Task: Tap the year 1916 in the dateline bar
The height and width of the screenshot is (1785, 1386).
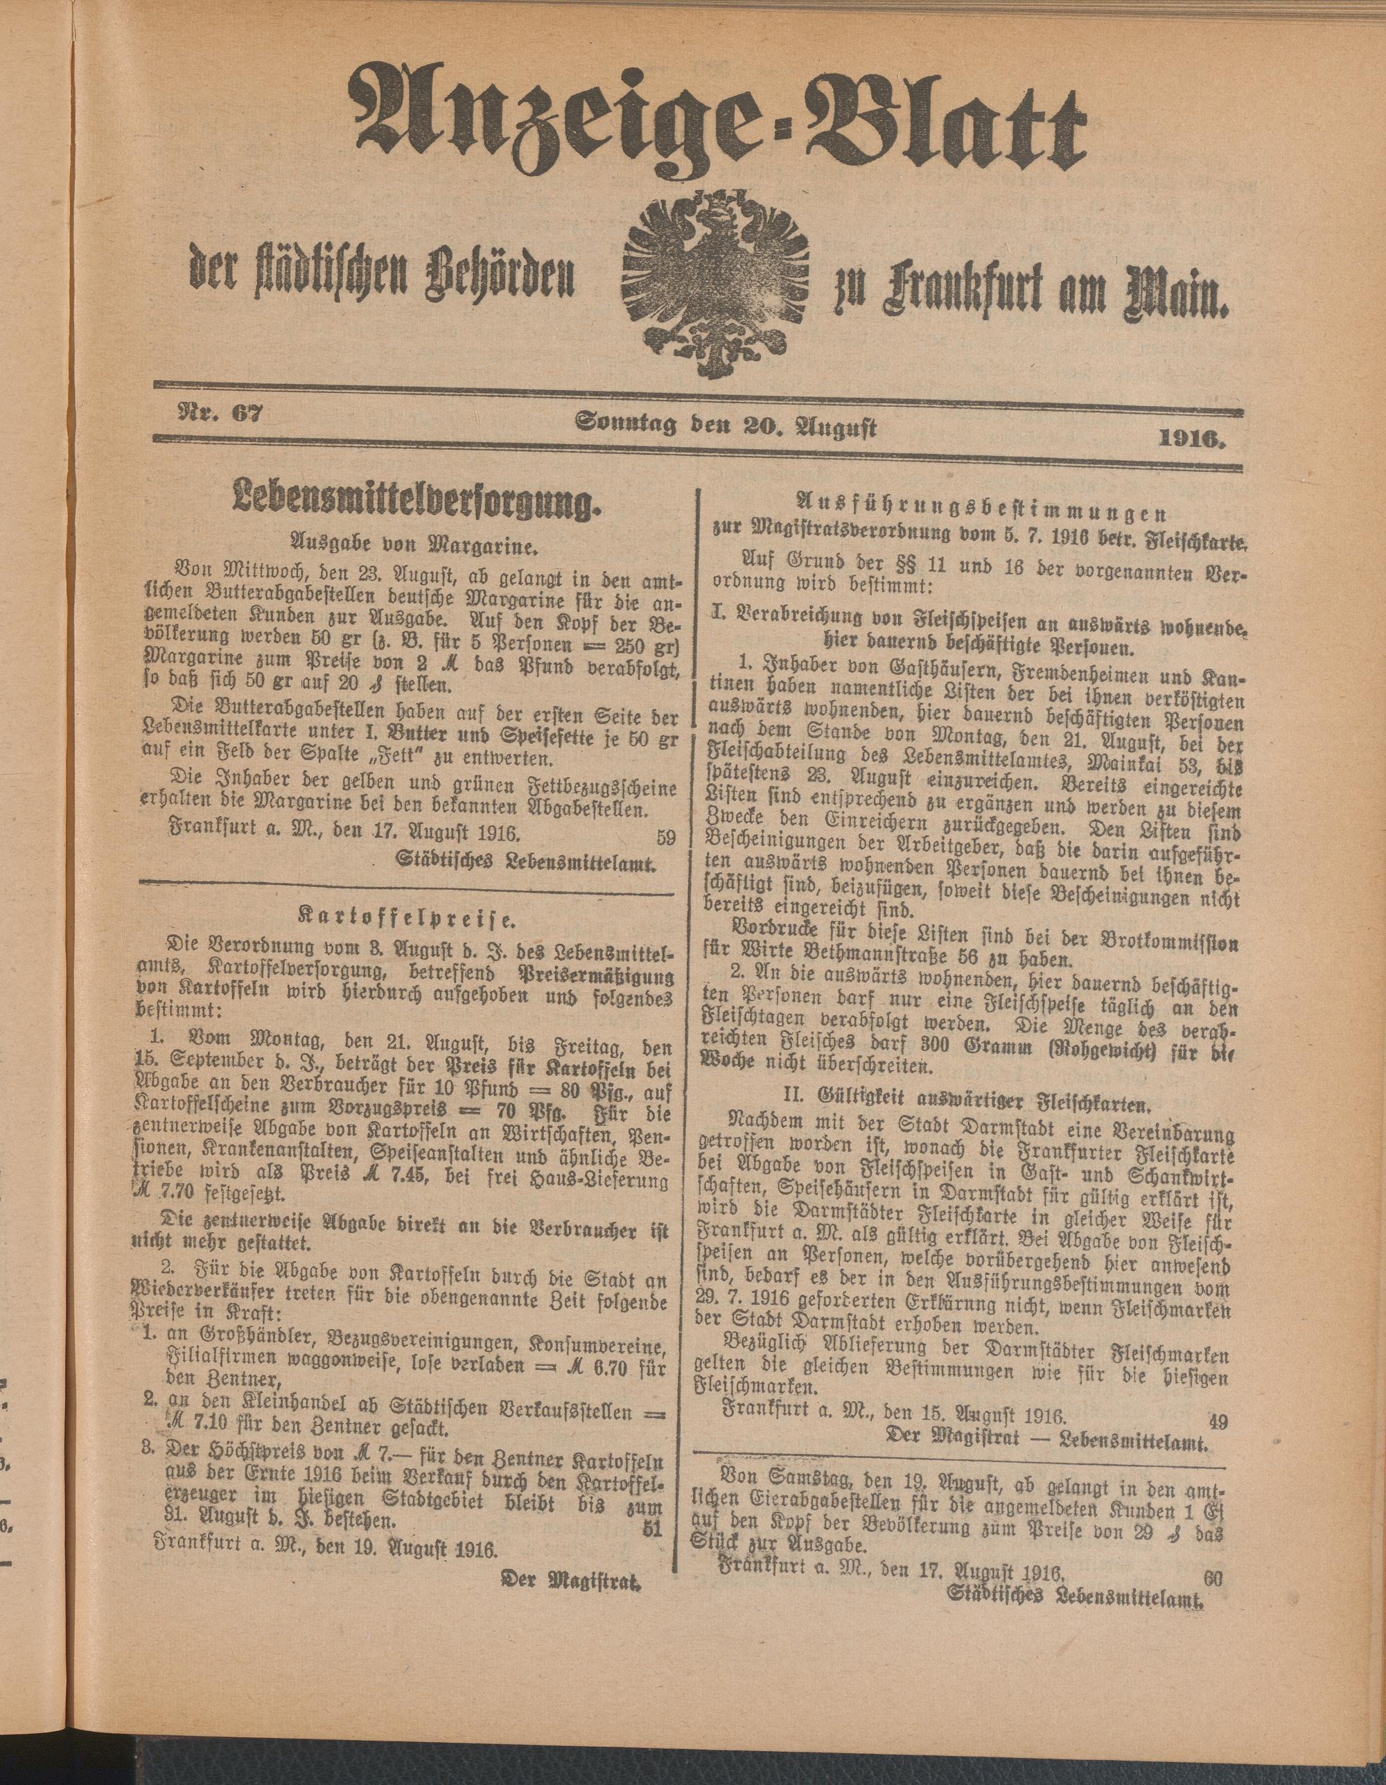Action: pos(1199,442)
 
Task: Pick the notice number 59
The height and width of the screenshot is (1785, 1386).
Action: pos(665,836)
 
